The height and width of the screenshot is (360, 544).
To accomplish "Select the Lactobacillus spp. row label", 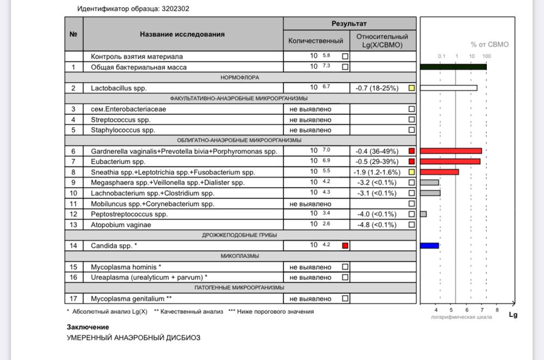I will click(x=119, y=88).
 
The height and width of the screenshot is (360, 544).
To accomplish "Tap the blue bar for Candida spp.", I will click(x=430, y=246).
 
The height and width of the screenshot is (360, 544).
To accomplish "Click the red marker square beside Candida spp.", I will click(x=345, y=246).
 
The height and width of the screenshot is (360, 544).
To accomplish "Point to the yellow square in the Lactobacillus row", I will click(x=412, y=88).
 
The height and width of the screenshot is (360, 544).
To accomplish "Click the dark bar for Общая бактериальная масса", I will click(x=453, y=67).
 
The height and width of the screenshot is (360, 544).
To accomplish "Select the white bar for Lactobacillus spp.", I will click(x=449, y=88).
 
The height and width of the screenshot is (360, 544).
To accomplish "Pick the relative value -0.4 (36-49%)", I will click(x=377, y=151).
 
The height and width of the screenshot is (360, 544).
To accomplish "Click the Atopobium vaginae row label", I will click(x=121, y=225).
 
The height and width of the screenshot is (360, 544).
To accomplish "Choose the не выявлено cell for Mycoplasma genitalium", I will click(x=311, y=299).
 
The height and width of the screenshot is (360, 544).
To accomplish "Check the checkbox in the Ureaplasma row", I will click(x=345, y=277).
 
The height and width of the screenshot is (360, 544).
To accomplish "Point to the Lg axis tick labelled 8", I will click(x=497, y=310).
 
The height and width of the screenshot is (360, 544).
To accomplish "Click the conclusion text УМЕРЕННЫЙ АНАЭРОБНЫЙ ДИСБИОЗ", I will click(x=133, y=338).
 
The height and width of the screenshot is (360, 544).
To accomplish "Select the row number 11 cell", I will click(x=73, y=204).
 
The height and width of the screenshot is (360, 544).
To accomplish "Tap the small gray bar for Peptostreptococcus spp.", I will click(x=423, y=214).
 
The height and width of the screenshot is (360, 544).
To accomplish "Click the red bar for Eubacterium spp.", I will click(x=450, y=162).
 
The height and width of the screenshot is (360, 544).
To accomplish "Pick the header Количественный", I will click(x=316, y=41).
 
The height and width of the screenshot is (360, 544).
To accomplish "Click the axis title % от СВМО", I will click(x=490, y=45).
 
